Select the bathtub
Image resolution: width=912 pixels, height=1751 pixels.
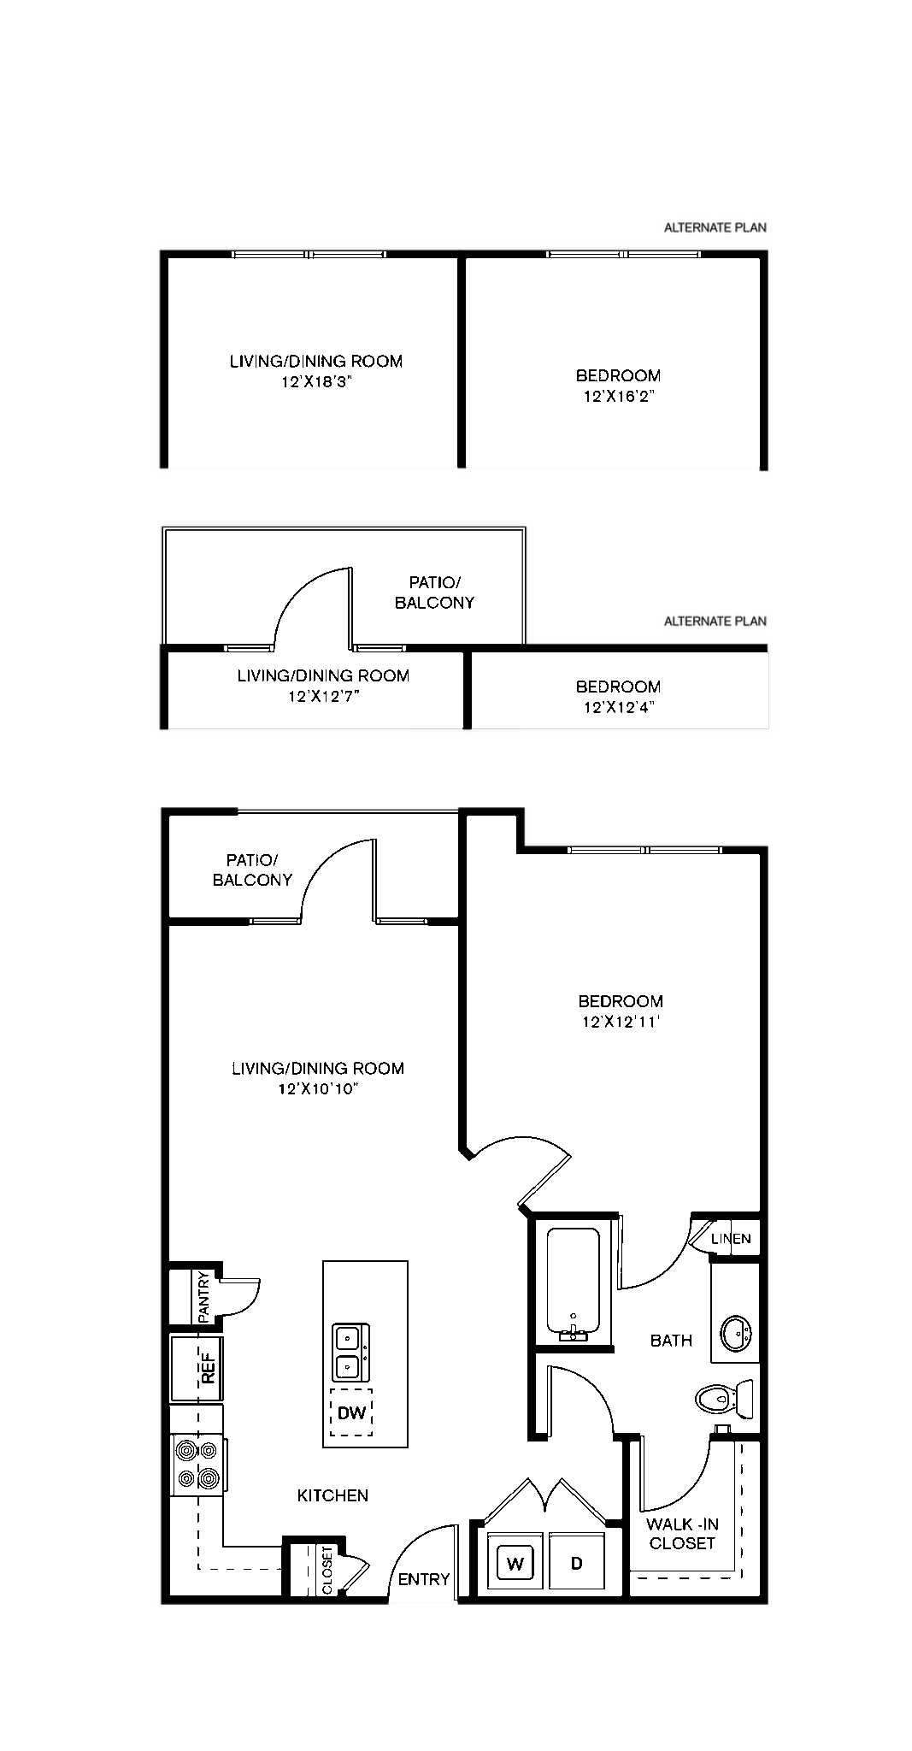click(573, 1282)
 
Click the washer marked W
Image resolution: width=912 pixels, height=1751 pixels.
click(515, 1564)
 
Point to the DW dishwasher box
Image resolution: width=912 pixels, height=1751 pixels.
click(351, 1412)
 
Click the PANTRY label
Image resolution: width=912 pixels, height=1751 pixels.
click(203, 1297)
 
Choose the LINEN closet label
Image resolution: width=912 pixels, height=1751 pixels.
click(731, 1238)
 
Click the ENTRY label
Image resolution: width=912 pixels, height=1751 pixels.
click(424, 1579)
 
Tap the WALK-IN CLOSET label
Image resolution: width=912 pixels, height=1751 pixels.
click(682, 1533)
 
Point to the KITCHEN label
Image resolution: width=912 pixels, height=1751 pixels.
click(332, 1495)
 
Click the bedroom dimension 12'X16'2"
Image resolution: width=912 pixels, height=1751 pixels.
click(619, 396)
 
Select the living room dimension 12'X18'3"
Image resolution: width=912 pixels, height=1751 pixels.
click(316, 382)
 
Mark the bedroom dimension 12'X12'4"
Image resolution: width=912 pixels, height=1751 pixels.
click(619, 707)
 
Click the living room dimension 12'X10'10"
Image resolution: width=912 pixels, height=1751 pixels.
click(318, 1088)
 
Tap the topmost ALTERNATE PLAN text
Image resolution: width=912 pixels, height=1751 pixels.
click(715, 227)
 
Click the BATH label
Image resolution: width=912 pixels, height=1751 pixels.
click(671, 1341)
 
